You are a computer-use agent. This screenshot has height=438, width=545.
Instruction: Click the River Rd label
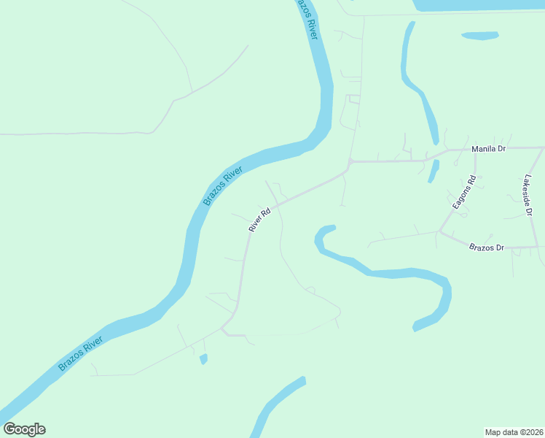[259, 219]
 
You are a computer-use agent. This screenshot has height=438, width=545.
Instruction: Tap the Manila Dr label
[488, 149]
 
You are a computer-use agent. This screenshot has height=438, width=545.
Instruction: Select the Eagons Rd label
[464, 193]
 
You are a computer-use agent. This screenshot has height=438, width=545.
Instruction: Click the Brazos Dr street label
[487, 247]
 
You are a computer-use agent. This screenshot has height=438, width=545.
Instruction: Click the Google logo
[24, 429]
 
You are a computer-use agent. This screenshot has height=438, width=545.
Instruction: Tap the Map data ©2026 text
[514, 431]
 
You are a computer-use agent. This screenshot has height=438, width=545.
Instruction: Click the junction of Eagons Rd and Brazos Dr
[439, 232]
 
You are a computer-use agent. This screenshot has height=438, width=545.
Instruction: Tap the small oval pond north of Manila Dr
[479, 35]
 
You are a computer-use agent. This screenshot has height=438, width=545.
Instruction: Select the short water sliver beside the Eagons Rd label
[434, 172]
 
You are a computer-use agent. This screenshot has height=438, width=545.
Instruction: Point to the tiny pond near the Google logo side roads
[203, 358]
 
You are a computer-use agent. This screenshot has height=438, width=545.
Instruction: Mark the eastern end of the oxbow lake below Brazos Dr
[417, 326]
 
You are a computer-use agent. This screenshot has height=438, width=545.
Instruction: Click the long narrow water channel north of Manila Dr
[418, 88]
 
